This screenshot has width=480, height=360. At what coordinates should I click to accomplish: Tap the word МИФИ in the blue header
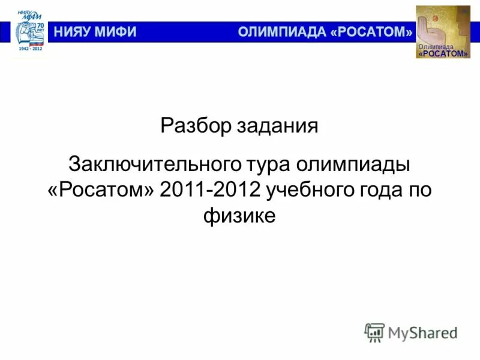click(118, 32)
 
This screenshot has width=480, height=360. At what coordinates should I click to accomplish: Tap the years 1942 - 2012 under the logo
click(30, 55)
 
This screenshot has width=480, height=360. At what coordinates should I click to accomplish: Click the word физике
click(239, 215)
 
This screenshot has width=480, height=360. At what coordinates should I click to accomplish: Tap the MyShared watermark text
click(422, 332)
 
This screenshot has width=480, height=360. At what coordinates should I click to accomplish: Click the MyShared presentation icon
click(374, 332)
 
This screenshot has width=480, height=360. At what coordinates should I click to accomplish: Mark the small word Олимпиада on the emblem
click(436, 47)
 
